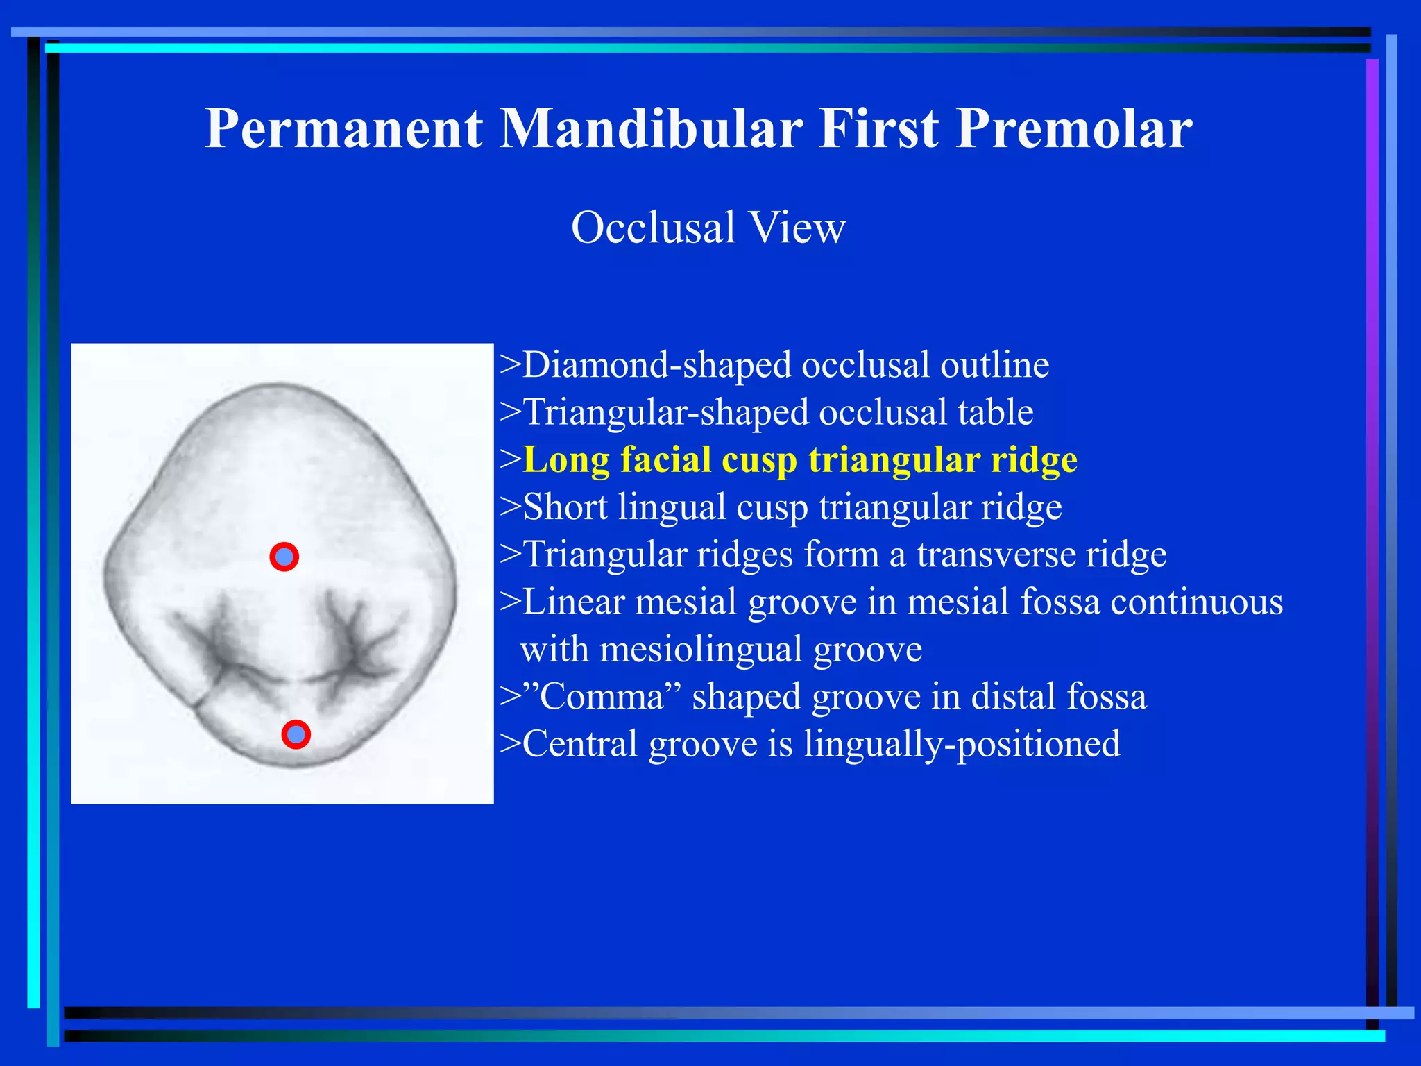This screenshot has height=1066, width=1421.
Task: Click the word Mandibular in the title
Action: (651, 129)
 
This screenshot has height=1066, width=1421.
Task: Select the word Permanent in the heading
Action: (344, 129)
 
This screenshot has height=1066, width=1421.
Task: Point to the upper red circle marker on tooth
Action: (284, 557)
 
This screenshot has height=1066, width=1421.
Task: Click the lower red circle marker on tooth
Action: (296, 734)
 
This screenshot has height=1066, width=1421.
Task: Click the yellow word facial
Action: (665, 460)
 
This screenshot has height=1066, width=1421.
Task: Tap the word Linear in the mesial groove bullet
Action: (573, 602)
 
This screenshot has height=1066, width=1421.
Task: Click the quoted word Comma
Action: (602, 697)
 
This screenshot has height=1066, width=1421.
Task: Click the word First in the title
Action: (878, 129)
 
